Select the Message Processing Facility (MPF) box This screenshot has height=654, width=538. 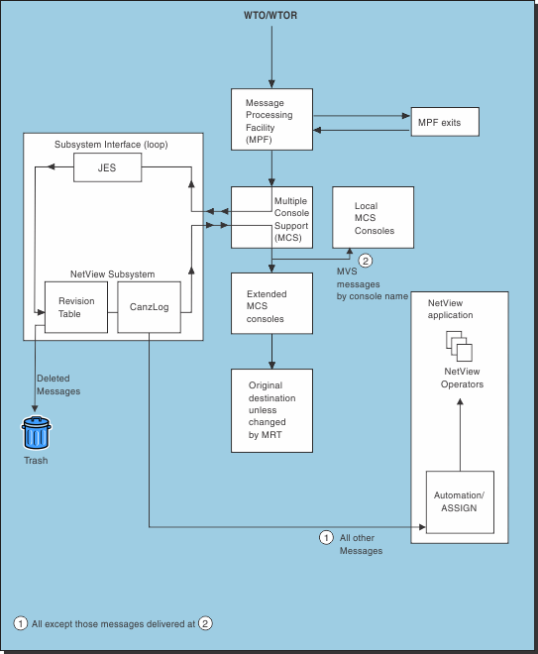(x=271, y=121)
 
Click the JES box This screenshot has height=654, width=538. (x=107, y=169)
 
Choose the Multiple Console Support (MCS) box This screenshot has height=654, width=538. (x=271, y=217)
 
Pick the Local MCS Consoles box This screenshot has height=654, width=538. (x=373, y=218)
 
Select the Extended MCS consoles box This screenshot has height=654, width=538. (x=271, y=305)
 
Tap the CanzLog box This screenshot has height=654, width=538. (x=149, y=307)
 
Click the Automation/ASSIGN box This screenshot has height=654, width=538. (x=457, y=502)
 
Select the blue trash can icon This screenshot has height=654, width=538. (x=37, y=434)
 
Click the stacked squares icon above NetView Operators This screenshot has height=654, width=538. (x=459, y=347)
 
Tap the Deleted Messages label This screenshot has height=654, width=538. (x=58, y=384)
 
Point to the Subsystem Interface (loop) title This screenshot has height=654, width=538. (x=111, y=145)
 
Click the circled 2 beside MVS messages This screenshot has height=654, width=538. (x=366, y=262)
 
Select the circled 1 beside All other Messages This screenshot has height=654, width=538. (x=325, y=537)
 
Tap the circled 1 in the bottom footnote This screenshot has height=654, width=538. (x=20, y=623)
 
